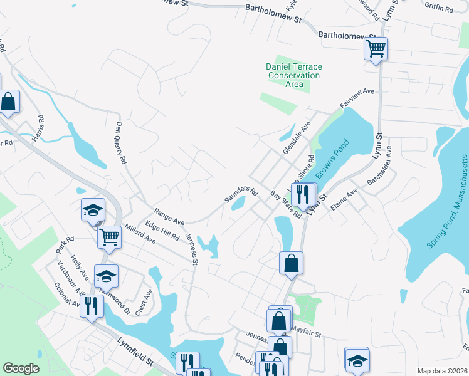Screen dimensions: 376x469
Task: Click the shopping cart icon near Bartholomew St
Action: (376, 48)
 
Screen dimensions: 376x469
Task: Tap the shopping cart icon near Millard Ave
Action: (109, 237)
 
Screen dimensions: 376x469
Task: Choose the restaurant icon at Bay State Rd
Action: (303, 194)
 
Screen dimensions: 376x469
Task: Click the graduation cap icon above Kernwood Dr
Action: (106, 275)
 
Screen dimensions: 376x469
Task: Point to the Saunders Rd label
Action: (241, 194)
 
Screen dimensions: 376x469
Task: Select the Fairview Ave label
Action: (357, 99)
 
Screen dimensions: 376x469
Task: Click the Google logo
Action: (21, 368)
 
